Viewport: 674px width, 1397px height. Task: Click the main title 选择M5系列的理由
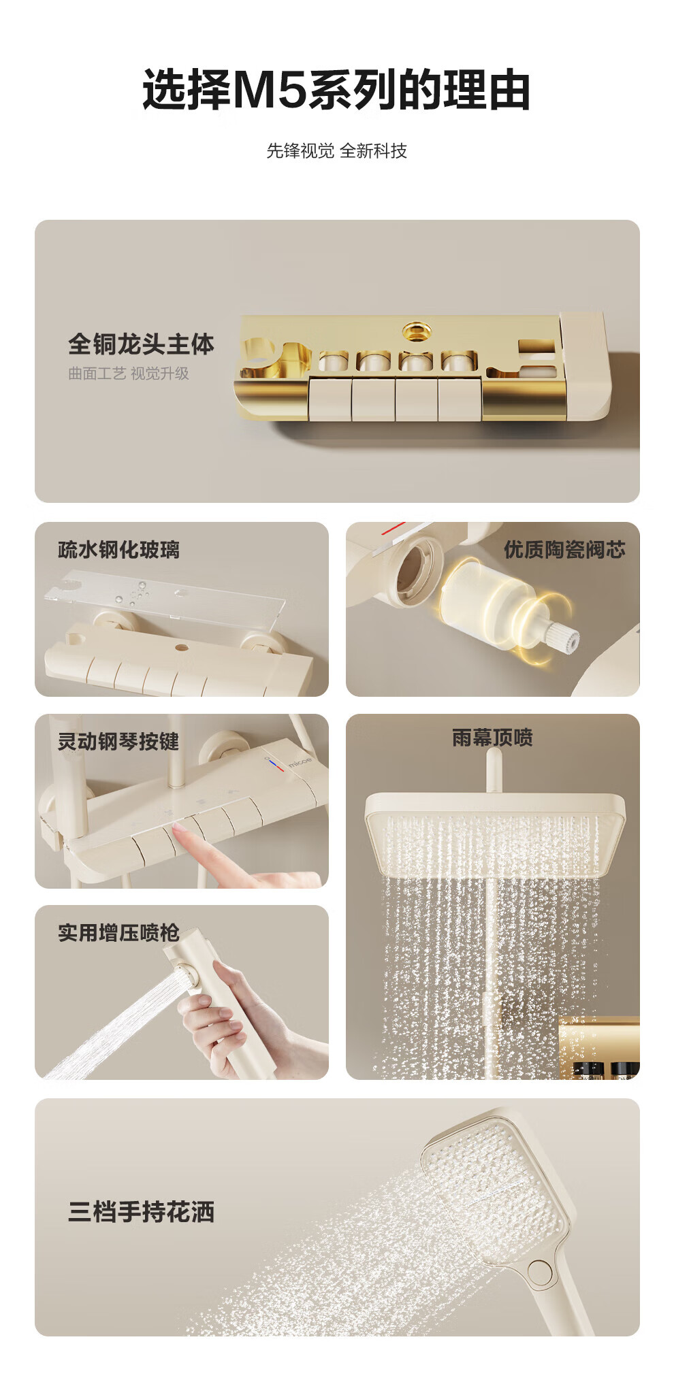[336, 90]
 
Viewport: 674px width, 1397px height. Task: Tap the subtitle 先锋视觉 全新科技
[336, 150]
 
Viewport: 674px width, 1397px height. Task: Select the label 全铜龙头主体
[141, 344]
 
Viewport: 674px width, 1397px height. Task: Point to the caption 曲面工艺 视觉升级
[129, 374]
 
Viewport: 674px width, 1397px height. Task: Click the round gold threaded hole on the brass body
[416, 331]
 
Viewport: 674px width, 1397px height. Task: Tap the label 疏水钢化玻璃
[119, 550]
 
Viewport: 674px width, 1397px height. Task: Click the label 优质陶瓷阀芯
[564, 550]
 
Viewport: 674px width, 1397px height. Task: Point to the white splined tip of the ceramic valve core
[566, 638]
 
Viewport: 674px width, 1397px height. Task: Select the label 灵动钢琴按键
[118, 741]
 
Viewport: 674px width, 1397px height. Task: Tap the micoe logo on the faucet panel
[300, 761]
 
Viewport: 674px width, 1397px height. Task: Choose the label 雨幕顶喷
[492, 738]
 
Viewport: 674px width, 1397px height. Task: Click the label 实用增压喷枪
[118, 933]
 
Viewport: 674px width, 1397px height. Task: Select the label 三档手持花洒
[141, 1212]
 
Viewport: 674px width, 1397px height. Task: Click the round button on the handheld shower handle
[540, 1270]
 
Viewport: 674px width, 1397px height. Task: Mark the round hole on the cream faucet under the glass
[182, 647]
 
